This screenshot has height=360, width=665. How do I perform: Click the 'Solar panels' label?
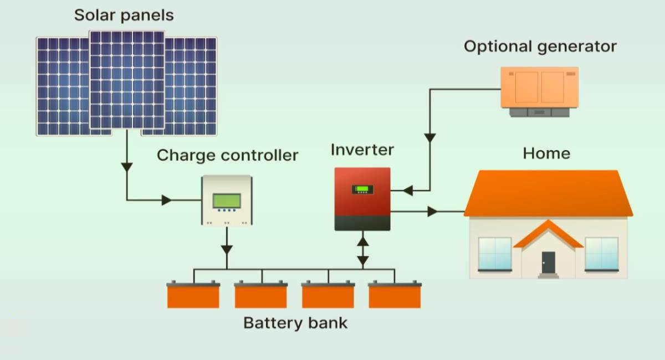(124, 15)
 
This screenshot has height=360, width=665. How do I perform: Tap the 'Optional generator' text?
(540, 46)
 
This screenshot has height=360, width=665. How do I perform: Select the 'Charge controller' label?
(227, 155)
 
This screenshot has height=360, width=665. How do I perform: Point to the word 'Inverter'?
(362, 150)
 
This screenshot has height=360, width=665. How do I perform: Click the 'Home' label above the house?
(546, 153)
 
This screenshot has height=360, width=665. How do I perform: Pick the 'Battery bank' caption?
(295, 322)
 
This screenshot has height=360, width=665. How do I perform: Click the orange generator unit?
(539, 87)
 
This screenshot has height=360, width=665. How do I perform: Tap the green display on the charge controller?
(227, 200)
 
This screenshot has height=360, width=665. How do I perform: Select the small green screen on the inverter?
(362, 189)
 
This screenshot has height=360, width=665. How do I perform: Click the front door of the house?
(548, 262)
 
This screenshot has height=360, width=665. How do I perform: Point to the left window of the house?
(494, 254)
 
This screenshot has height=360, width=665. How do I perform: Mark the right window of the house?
(601, 254)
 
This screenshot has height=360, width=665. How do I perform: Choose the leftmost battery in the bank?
(193, 295)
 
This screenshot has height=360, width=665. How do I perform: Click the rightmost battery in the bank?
(395, 295)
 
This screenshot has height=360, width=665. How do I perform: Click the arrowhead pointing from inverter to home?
(432, 211)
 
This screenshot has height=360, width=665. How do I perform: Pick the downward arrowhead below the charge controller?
(226, 249)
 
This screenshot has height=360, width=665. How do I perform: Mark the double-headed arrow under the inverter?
(362, 251)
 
